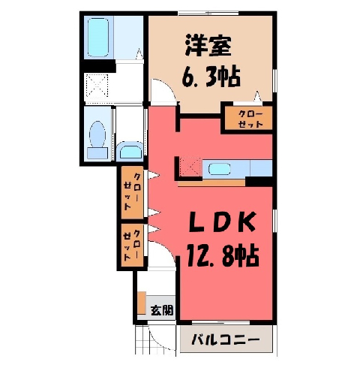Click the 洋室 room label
coord(208,47)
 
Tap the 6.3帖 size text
coord(211,77)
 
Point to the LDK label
coord(222,222)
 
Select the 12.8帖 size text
coord(222,255)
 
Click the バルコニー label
coord(226,340)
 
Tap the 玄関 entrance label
coord(162,311)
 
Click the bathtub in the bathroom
coord(98,38)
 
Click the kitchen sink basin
coord(219,169)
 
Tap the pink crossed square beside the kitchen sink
coord(190,167)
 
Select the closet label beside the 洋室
coord(250,119)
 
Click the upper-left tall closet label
coord(132,192)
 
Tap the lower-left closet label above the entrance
coord(132,245)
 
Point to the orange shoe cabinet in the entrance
coord(142,303)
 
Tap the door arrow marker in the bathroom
coord(139,54)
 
